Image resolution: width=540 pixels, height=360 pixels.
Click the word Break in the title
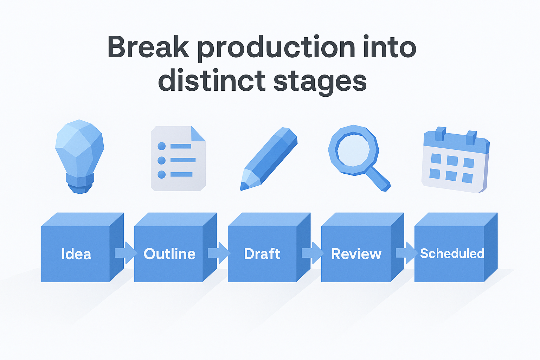(x=148, y=47)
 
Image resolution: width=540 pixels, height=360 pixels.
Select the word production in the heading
(x=276, y=49)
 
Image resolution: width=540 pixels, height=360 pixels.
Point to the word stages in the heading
(x=320, y=82)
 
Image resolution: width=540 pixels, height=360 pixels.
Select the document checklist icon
(x=178, y=158)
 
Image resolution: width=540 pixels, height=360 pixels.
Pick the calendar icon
(x=455, y=160)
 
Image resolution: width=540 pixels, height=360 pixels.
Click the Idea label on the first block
(x=76, y=254)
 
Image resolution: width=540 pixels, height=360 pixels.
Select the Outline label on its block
(x=169, y=254)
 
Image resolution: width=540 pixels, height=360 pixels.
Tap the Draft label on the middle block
(x=262, y=254)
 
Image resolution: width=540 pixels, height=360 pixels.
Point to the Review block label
(x=356, y=254)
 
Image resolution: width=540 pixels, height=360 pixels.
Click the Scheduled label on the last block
(x=452, y=253)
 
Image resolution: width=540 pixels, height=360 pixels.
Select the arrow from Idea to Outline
(x=126, y=253)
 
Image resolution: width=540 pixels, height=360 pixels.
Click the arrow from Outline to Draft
(x=219, y=253)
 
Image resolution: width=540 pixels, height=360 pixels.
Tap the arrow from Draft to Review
(x=312, y=253)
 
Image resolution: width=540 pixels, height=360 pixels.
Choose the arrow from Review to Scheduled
(x=406, y=253)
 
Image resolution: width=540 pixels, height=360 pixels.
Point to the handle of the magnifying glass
(x=379, y=179)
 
